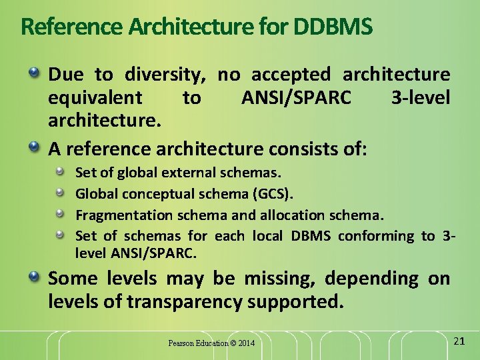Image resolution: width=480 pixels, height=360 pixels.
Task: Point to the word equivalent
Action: click(95, 99)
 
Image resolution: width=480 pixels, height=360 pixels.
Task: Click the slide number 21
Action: click(459, 341)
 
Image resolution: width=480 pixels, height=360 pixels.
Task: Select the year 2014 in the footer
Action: click(245, 343)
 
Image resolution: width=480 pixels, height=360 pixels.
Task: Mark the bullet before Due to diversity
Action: click(33, 71)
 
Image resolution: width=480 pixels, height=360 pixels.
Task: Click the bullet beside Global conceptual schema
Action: click(61, 193)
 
